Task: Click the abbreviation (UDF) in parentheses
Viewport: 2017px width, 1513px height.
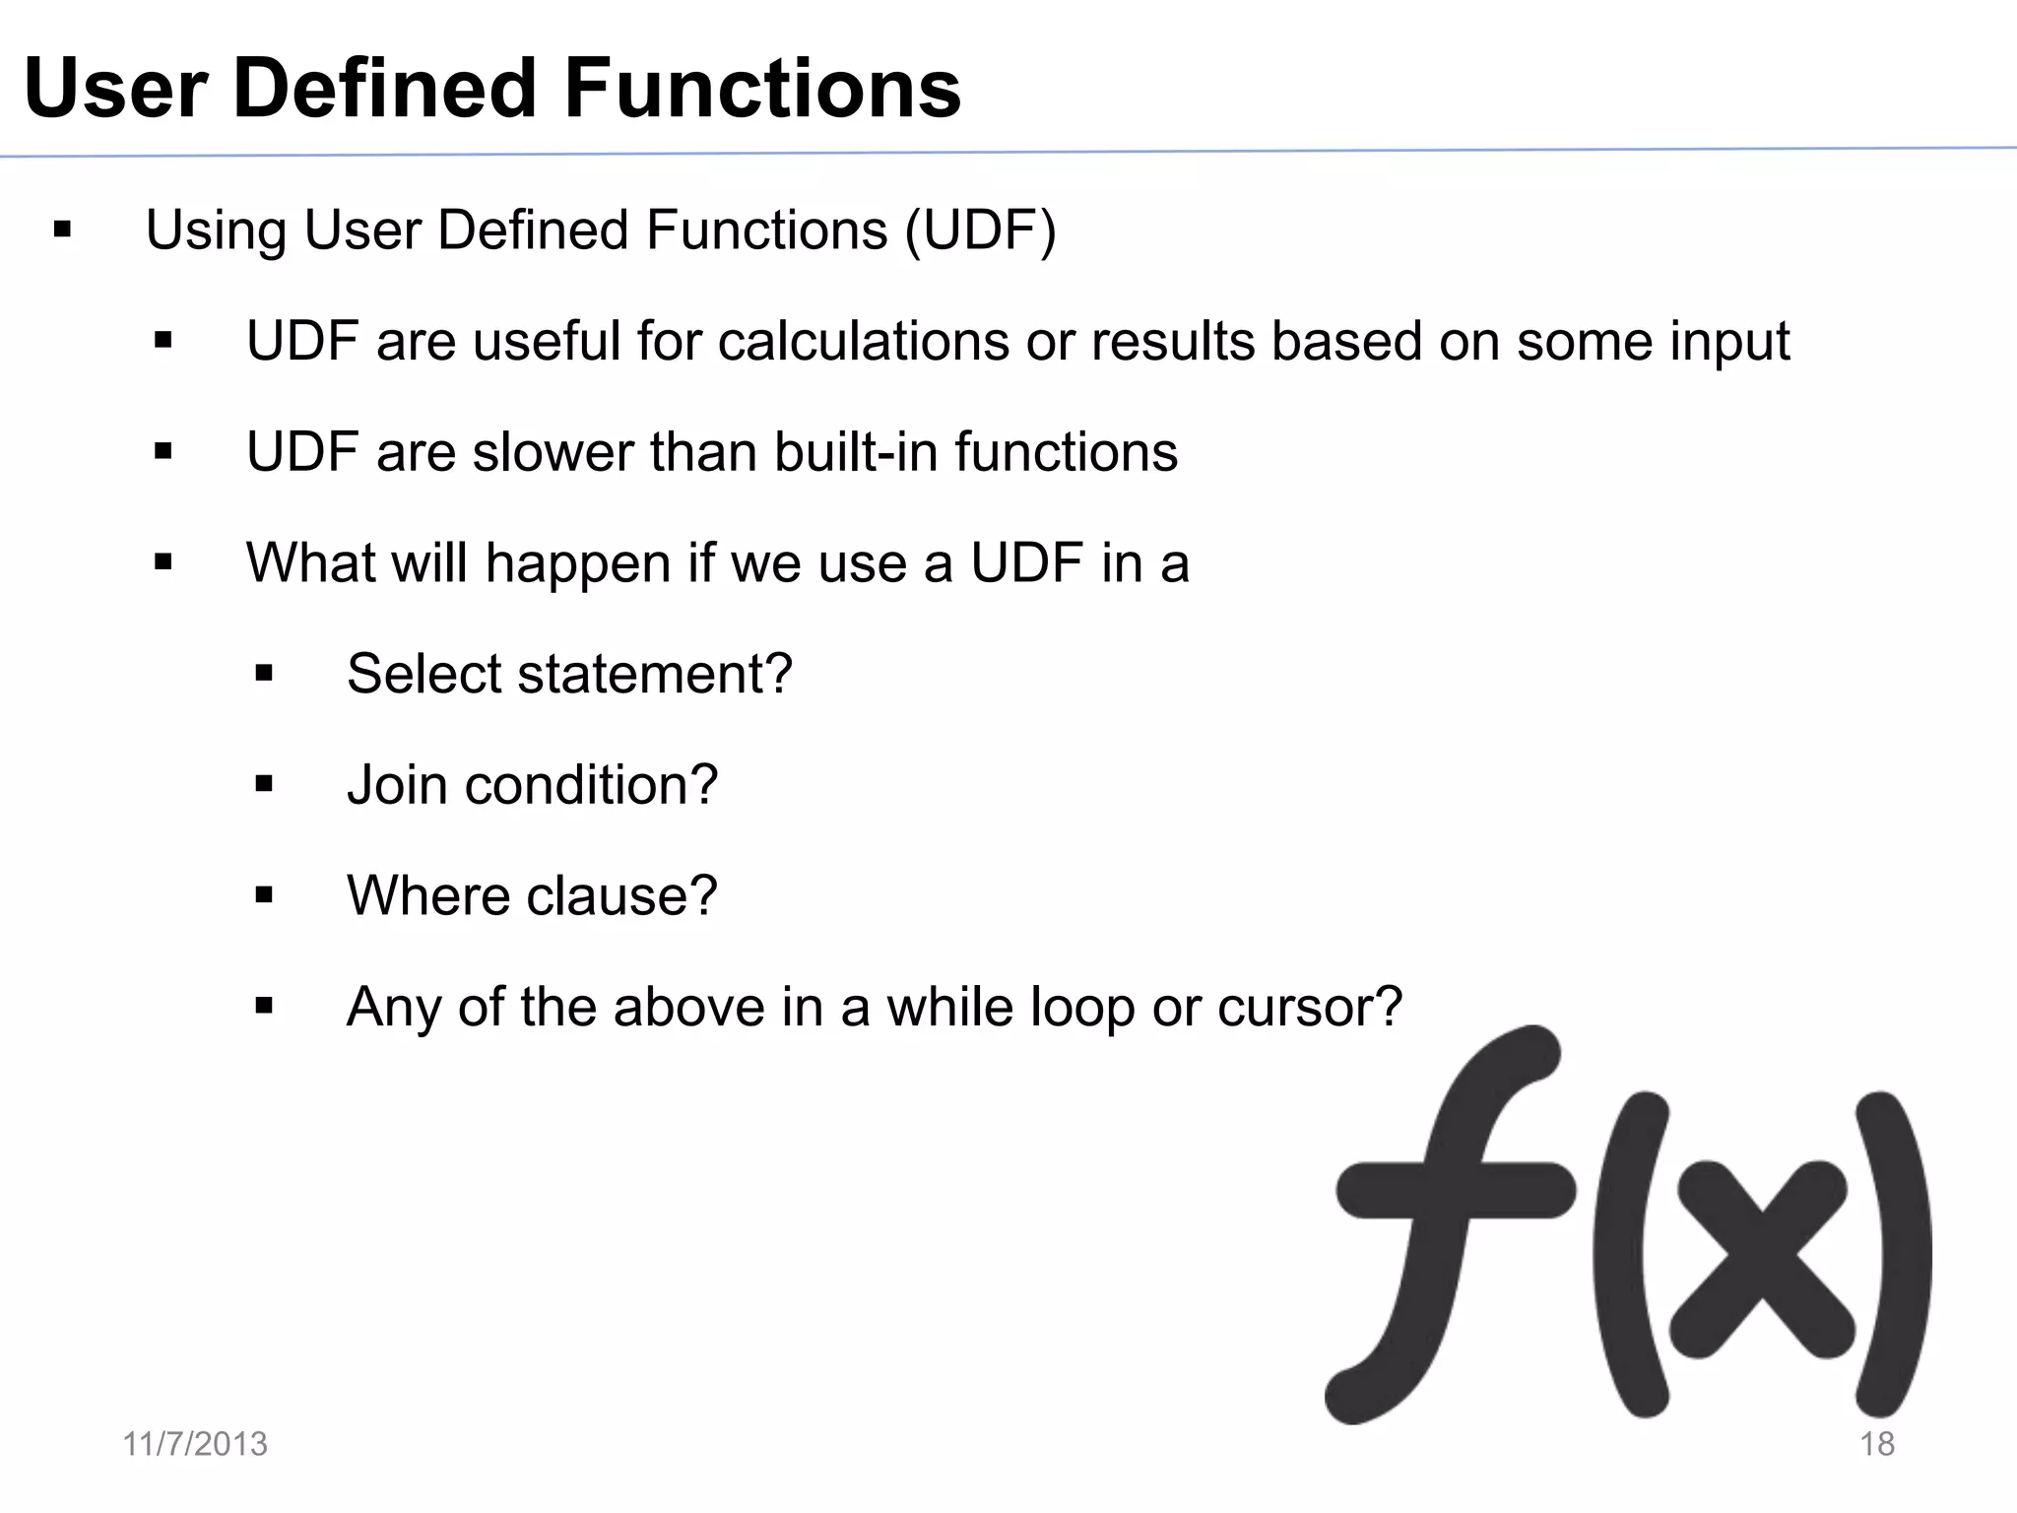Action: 980,230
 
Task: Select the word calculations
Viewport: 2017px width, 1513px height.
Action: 863,342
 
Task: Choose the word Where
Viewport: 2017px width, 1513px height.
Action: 427,895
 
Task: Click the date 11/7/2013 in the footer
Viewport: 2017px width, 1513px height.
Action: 195,1444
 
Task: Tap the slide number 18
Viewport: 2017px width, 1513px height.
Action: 1876,1444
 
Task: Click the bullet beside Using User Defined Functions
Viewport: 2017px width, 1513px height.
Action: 63,231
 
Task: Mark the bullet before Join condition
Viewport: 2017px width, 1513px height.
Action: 263,785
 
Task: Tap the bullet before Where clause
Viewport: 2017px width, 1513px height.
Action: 263,896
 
